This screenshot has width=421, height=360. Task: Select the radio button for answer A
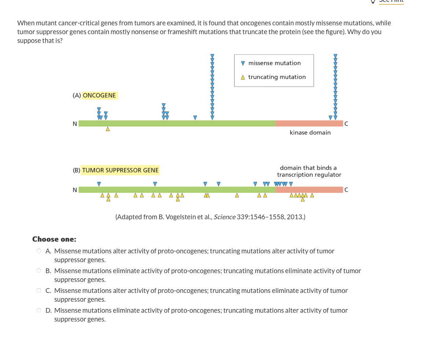click(39, 251)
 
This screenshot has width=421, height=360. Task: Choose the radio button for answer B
click(39, 271)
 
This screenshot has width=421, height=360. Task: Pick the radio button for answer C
click(39, 291)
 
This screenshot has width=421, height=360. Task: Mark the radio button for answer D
click(39, 311)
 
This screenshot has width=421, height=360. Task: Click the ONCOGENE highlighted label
click(99, 96)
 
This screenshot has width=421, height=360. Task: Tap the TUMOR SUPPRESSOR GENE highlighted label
click(120, 170)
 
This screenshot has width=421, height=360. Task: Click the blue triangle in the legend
click(243, 63)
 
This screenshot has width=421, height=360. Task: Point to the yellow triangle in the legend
click(243, 77)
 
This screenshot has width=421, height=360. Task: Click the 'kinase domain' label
click(310, 133)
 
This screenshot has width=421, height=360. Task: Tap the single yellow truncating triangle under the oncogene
click(107, 129)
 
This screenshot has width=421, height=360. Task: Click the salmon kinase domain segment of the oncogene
click(309, 124)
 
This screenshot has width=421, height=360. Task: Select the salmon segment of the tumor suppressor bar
click(309, 190)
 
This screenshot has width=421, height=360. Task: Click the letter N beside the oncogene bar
click(75, 124)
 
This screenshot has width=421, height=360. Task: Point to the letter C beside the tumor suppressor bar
click(346, 190)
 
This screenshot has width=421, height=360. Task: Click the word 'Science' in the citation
click(224, 217)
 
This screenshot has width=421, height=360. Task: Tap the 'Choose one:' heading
click(54, 239)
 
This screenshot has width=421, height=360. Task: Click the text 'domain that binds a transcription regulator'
click(309, 171)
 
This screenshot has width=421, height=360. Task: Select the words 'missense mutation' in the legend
click(274, 63)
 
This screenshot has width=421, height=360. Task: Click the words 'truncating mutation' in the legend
click(277, 77)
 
